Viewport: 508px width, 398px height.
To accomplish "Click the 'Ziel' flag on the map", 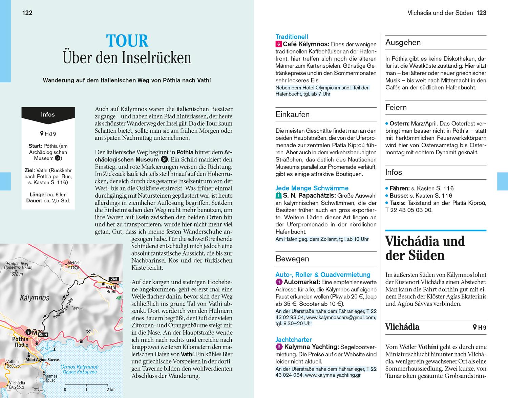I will click(114, 279).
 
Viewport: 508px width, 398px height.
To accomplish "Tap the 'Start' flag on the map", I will click(43, 335).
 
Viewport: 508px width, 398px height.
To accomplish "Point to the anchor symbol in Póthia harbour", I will click(47, 347).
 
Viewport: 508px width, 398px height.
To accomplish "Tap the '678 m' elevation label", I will click(17, 274).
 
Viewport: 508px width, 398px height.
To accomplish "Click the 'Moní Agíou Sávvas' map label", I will click(43, 360).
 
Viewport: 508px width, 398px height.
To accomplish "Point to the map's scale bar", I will click(86, 385).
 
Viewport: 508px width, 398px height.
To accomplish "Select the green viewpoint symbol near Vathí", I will click(119, 297).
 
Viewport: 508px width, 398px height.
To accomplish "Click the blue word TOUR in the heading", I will click(127, 41).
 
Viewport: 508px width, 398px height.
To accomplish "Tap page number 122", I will click(27, 13).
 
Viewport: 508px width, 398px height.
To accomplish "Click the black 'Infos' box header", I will click(48, 114).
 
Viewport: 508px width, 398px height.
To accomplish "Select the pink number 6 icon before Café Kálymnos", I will click(279, 44).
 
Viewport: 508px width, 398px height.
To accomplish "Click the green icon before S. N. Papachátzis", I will click(278, 195).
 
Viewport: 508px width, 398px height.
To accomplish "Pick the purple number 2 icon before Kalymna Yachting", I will click(279, 347).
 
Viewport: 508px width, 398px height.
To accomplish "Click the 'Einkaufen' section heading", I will click(293, 114).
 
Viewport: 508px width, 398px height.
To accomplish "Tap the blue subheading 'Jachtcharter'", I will click(294, 339).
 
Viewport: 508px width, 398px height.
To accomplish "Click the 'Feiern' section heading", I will click(396, 107).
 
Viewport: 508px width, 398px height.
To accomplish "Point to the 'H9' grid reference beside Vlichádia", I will click(480, 327).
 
